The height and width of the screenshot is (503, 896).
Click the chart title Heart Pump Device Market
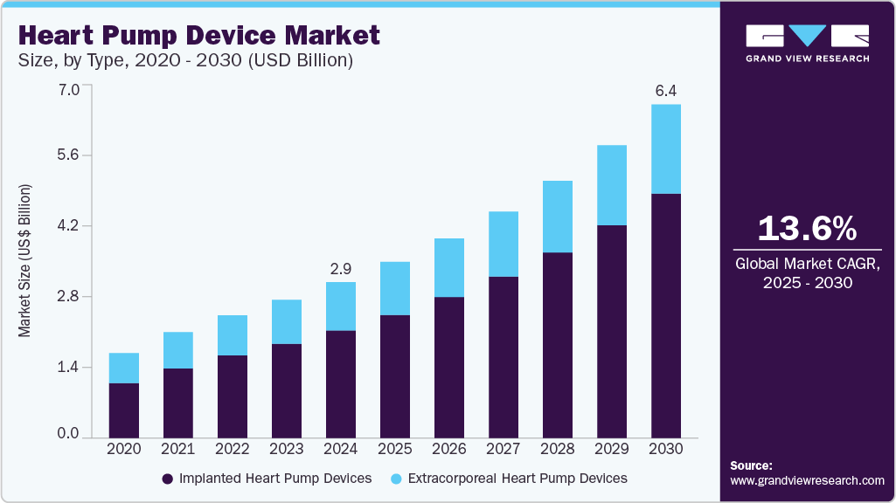click(198, 35)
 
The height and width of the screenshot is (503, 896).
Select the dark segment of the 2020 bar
click(124, 410)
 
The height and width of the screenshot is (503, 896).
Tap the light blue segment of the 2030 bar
click(666, 148)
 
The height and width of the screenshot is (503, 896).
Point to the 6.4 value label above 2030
click(666, 90)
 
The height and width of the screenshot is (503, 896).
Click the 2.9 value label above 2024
click(341, 268)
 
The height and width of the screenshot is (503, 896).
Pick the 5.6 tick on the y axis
click(67, 155)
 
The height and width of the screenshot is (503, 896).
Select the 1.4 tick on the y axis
click(67, 367)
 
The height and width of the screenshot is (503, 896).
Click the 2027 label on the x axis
click(504, 448)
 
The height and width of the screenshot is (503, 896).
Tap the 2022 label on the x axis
click(233, 448)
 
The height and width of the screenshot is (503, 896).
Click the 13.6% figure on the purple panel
click(807, 229)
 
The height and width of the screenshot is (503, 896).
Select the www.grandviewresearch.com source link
click(807, 481)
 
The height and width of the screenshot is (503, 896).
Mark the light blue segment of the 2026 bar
click(449, 267)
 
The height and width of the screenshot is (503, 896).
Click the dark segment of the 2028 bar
click(558, 345)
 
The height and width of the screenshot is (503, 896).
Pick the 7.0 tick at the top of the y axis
click(67, 89)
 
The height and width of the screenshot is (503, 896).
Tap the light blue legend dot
click(397, 479)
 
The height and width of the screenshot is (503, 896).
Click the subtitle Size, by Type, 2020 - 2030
click(184, 61)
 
